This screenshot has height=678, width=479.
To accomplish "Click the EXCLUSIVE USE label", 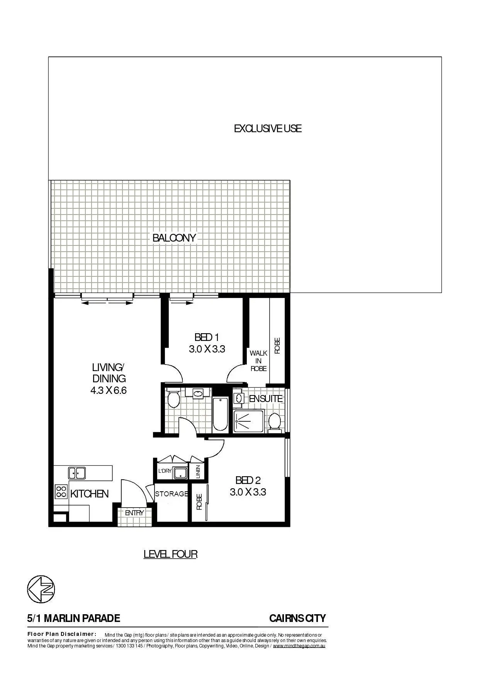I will (268, 128).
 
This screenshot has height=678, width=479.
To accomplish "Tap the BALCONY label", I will (174, 238).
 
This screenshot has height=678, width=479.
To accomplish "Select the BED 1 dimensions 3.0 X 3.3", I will (207, 349).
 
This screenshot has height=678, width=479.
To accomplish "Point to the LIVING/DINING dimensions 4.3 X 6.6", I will (109, 390).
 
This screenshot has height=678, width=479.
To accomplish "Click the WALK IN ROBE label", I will (258, 361).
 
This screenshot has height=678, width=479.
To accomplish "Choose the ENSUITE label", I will (265, 399).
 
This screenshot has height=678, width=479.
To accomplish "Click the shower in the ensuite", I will (248, 421).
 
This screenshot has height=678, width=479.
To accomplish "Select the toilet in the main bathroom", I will (173, 399).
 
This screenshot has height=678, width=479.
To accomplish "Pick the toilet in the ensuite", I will (275, 421).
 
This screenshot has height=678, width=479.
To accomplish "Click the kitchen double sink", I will (77, 473).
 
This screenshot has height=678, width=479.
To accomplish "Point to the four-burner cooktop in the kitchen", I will (61, 491).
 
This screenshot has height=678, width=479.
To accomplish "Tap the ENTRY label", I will (134, 513).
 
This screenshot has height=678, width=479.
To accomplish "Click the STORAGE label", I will (172, 494).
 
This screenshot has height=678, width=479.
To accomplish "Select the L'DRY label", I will (165, 471).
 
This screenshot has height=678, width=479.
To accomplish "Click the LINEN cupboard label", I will (198, 472).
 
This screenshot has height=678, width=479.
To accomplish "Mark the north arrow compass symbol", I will (41, 589).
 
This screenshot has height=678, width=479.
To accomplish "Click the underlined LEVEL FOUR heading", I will (170, 554).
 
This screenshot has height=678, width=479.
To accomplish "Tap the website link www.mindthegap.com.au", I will (299, 646).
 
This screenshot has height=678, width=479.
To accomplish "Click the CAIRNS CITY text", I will (297, 618).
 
